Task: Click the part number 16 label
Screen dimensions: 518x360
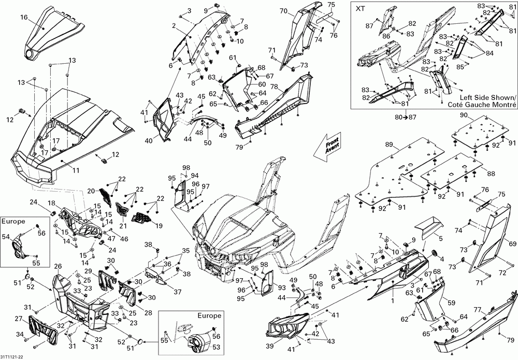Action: click(x=24, y=17)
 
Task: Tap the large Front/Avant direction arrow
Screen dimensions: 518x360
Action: click(x=327, y=147)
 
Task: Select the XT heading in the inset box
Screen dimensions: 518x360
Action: click(x=360, y=9)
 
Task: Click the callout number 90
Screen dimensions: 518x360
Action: click(x=464, y=115)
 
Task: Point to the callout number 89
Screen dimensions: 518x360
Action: click(x=389, y=144)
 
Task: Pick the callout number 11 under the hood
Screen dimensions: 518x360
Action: click(x=76, y=170)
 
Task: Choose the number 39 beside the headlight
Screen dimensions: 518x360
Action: click(x=270, y=346)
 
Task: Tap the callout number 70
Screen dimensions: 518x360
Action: click(x=283, y=10)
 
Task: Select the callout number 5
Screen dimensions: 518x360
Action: click(x=441, y=237)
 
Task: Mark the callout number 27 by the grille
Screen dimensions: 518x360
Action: click(x=19, y=319)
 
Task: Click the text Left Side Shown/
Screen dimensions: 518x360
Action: click(x=487, y=98)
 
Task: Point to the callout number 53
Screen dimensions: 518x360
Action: click(x=216, y=347)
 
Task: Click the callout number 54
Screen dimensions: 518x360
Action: click(x=6, y=237)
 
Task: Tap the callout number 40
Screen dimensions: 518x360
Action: click(x=149, y=141)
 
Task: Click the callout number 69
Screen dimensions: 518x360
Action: click(x=512, y=244)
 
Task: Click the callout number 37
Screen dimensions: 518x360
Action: click(x=177, y=292)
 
